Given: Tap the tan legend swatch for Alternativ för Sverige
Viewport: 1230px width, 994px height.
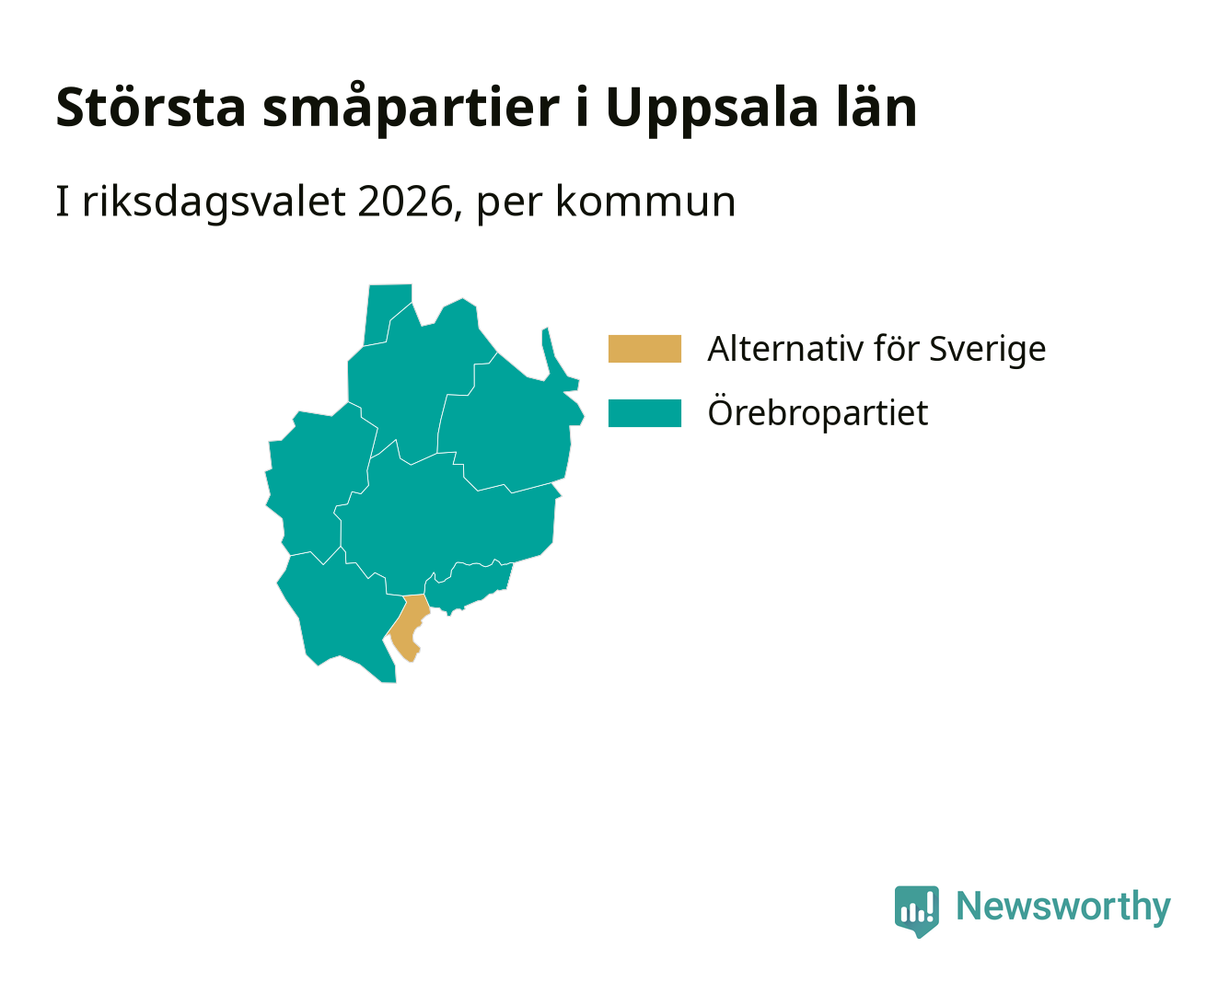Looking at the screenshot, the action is coord(644,348).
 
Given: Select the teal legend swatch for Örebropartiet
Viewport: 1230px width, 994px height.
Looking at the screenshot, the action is coord(644,412).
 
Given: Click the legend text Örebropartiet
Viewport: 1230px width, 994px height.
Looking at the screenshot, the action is coord(818,411).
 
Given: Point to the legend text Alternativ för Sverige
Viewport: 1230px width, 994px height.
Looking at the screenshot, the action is coord(876,348).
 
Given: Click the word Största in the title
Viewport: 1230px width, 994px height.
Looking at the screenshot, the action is coord(151,107).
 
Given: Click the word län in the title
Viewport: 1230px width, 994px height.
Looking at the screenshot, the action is coord(876,106).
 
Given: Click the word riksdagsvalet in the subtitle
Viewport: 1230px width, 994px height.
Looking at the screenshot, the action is coord(214,203).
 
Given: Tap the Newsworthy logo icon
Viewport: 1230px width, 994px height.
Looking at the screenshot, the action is coord(916,911).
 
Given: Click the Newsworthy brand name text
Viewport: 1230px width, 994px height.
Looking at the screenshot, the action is coord(1063,907).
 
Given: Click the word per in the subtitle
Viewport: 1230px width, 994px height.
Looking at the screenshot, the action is coord(509,205).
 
